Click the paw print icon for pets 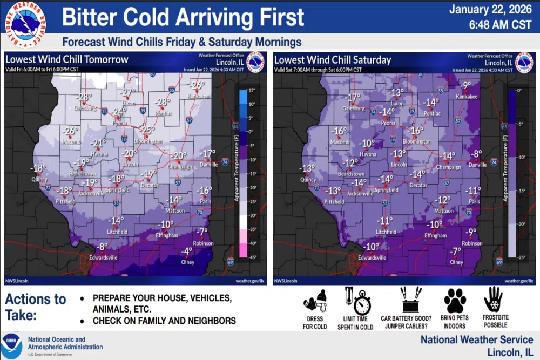[455, 300]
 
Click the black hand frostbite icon [492, 299]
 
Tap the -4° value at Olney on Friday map [186, 252]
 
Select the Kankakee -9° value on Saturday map [465, 85]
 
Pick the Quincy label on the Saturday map [308, 180]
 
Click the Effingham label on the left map [167, 236]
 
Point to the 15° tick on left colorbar [251, 90]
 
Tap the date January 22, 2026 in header [491, 10]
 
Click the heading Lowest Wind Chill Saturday [332, 59]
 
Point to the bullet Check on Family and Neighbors [164, 321]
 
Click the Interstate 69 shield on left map [230, 262]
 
